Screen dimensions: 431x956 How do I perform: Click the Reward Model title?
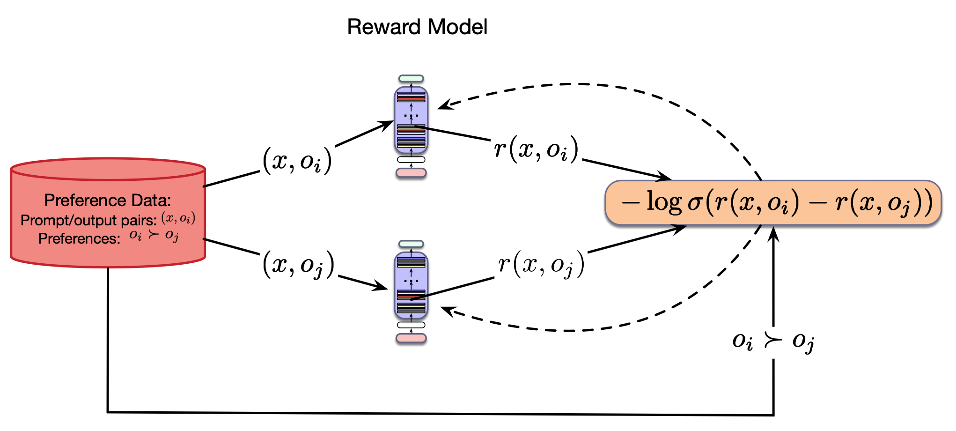point(417,27)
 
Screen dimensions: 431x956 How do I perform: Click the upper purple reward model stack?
point(411,120)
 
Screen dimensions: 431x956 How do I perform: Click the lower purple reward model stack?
point(411,285)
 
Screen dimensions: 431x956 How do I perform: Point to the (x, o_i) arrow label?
point(297,161)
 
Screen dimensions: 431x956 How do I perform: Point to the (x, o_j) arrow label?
point(299,265)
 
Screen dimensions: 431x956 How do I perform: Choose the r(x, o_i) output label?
point(537,150)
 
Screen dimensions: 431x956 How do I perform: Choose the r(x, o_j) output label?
point(541,264)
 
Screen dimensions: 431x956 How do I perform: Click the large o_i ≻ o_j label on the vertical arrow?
point(773,341)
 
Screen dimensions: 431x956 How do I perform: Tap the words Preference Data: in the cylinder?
point(108,201)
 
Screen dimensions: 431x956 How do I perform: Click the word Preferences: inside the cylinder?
point(79,238)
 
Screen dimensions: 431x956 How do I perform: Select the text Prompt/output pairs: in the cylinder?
point(88,220)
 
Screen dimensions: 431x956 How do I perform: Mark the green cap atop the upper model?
point(411,79)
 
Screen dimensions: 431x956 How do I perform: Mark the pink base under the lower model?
point(411,338)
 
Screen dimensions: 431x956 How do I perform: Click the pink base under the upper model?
point(411,173)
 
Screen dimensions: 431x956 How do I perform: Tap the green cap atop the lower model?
point(411,244)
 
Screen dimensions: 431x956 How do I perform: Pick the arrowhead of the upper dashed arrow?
point(443,106)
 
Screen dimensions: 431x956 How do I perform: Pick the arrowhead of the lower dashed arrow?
point(446,310)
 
